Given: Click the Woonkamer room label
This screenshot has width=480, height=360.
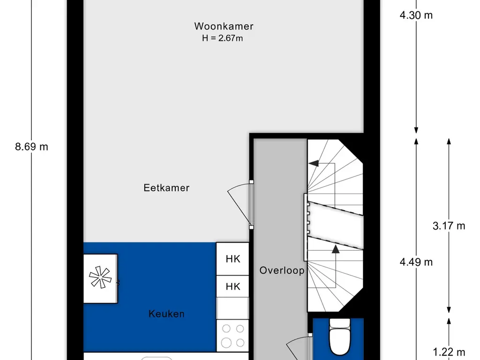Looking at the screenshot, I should [x=224, y=26].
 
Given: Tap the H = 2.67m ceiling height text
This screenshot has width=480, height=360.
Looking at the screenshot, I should [x=222, y=38].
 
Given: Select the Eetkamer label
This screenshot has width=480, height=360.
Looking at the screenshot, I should [x=166, y=188].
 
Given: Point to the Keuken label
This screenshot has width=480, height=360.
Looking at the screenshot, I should [x=166, y=314].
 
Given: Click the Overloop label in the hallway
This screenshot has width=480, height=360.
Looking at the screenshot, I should [x=282, y=270].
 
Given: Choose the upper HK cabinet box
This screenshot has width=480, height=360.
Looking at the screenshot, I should [x=232, y=259].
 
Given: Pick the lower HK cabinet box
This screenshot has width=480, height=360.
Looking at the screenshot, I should [x=232, y=286].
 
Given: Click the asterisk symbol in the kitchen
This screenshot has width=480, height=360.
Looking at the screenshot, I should [x=100, y=278].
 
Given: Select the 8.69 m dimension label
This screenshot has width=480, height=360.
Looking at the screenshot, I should [x=31, y=147].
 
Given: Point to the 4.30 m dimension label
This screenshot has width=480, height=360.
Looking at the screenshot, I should [x=416, y=15].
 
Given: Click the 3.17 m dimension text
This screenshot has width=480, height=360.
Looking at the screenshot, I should [x=449, y=226].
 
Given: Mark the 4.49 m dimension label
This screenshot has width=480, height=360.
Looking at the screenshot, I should [x=416, y=262].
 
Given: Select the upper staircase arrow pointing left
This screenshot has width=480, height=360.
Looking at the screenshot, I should [x=313, y=164].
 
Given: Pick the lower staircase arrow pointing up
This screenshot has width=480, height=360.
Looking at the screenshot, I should [x=336, y=249].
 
